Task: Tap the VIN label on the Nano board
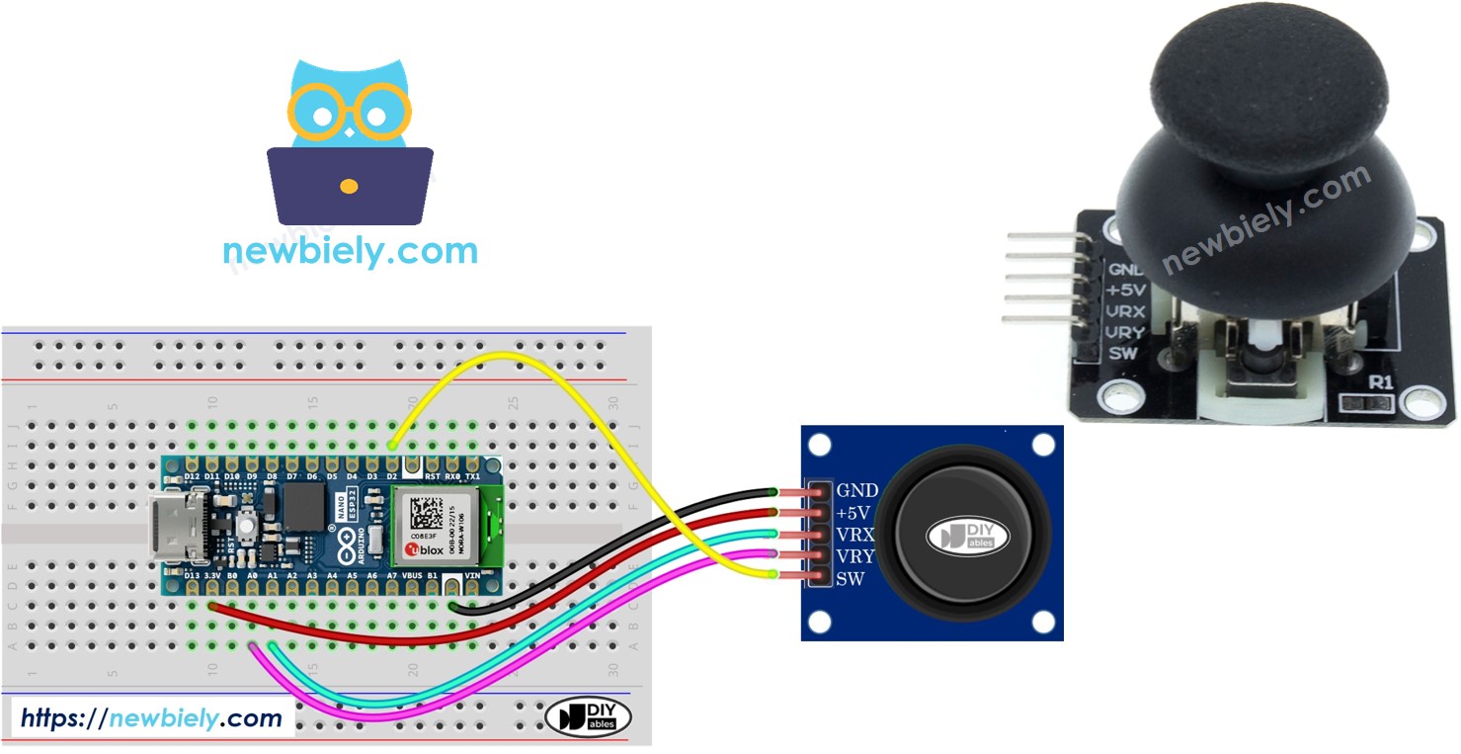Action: click(472, 573)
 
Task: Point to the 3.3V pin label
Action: click(212, 573)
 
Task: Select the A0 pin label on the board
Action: click(252, 573)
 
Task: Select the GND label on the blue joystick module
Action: click(857, 490)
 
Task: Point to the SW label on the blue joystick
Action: click(852, 578)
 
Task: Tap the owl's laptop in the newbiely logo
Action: click(350, 186)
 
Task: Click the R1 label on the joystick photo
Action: click(1379, 381)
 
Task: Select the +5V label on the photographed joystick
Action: click(1127, 290)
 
